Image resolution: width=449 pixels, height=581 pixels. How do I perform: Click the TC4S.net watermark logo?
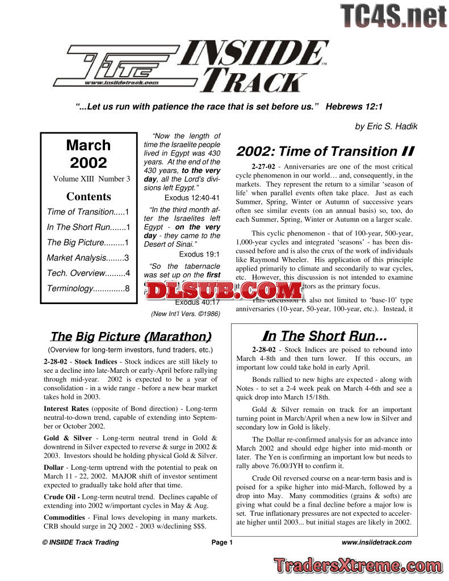pyautogui.click(x=393, y=15)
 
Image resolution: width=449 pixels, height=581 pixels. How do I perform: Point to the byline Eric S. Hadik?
pyautogui.click(x=384, y=127)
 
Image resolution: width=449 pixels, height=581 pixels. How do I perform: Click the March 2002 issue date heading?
pyautogui.click(x=89, y=154)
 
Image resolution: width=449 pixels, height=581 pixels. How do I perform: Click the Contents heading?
pyautogui.click(x=89, y=197)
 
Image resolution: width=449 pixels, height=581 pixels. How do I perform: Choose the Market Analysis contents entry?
pyautogui.click(x=88, y=258)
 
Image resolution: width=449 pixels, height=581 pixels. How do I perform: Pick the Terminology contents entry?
pyautogui.click(x=88, y=288)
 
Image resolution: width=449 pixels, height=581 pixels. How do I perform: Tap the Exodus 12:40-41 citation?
pyautogui.click(x=192, y=197)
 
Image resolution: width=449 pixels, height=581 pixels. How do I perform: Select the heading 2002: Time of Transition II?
pyautogui.click(x=325, y=151)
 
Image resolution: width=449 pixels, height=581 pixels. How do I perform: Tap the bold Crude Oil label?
pyautogui.click(x=60, y=497)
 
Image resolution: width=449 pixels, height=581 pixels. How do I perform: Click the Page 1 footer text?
pyautogui.click(x=222, y=542)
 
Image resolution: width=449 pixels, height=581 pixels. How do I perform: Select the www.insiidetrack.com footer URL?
pyautogui.click(x=376, y=542)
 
